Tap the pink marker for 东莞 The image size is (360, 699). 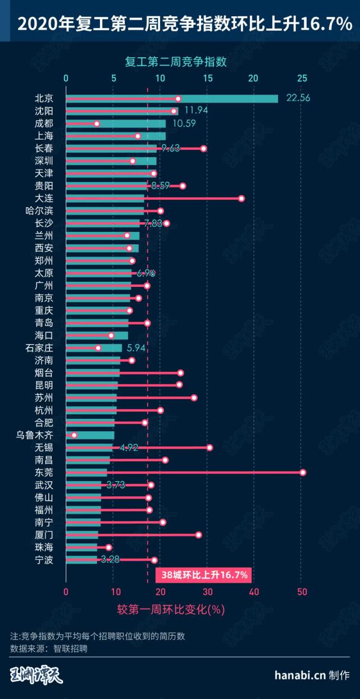[x=303, y=472]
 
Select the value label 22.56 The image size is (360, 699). [x=298, y=98]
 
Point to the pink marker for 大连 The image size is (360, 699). [x=241, y=198]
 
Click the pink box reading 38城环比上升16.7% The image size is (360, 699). [x=203, y=575]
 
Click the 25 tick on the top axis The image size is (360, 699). [x=302, y=78]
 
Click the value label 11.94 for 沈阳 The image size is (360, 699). [x=196, y=110]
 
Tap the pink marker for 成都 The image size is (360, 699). [x=97, y=124]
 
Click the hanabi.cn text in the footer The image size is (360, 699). [x=300, y=675]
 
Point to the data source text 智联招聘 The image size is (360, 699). [x=71, y=648]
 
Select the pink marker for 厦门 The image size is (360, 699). [x=198, y=534]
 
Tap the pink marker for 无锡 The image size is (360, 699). [x=209, y=447]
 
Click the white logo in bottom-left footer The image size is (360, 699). [x=37, y=675]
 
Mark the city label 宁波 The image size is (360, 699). [x=44, y=559]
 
